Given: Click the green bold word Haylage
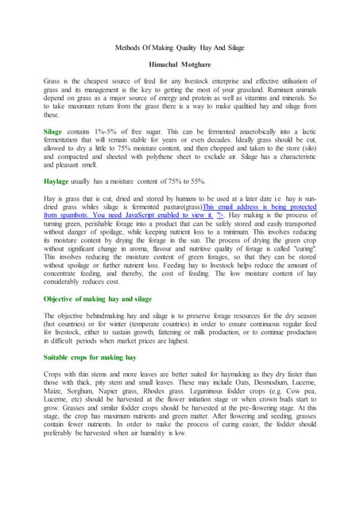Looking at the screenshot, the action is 61,181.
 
